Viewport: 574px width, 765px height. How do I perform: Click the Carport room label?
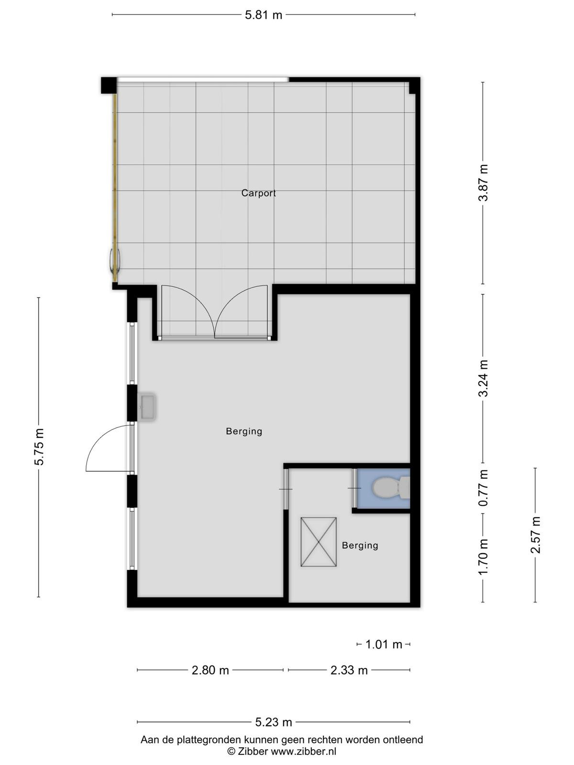pos(258,193)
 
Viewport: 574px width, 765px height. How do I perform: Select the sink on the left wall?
pos(146,406)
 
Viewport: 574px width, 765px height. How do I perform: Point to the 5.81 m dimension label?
pos(264,15)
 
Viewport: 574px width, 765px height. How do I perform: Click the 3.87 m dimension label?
pos(483,183)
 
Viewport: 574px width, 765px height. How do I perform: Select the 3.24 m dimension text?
pos(483,378)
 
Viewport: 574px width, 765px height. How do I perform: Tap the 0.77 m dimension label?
pos(483,488)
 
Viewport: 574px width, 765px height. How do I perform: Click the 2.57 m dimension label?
pos(535,535)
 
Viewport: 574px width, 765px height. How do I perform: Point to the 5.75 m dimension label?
pos(39,447)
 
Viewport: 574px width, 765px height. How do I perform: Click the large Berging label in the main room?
pos(244,431)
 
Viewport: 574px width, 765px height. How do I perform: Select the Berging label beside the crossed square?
pos(360,545)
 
